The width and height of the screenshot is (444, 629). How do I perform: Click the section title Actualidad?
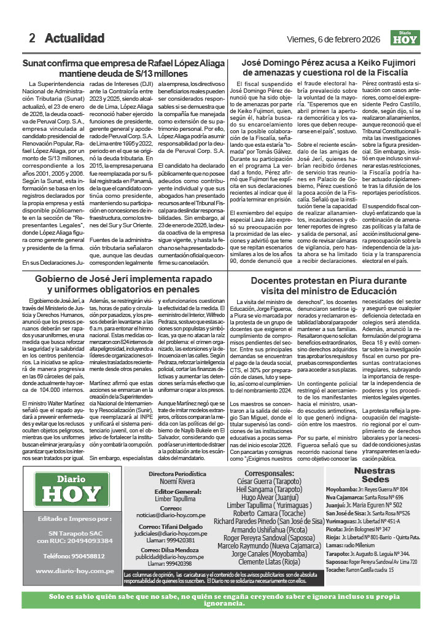pyautogui.click(x=74, y=38)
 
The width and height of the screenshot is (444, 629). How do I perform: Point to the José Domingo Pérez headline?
pyautogui.click(x=334, y=68)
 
